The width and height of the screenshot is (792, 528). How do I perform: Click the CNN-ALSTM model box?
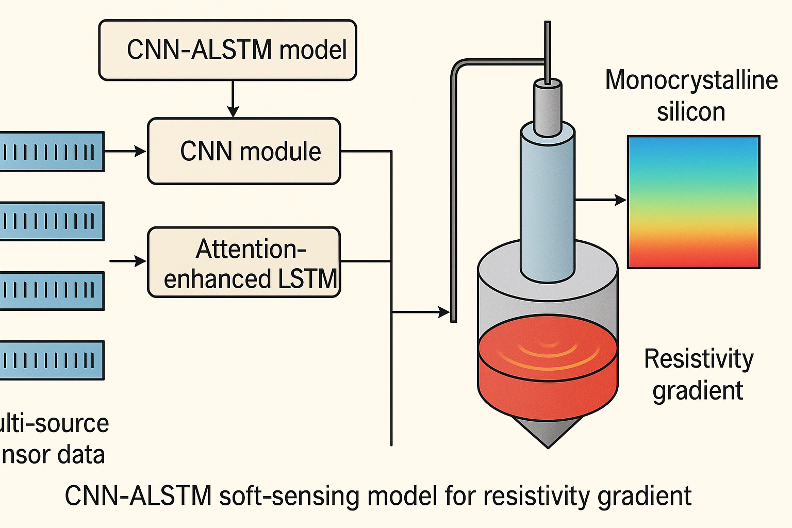pyautogui.click(x=227, y=50)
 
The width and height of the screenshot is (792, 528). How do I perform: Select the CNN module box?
pyautogui.click(x=244, y=151)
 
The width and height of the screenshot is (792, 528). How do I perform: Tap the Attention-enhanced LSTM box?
pyautogui.click(x=244, y=262)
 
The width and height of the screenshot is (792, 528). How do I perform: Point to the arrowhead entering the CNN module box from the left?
pyautogui.click(x=140, y=151)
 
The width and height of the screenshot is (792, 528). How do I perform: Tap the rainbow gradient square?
pyautogui.click(x=694, y=202)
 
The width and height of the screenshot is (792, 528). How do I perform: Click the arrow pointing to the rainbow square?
pyautogui.click(x=601, y=200)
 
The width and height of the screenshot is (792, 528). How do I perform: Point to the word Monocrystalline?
pyautogui.click(x=691, y=80)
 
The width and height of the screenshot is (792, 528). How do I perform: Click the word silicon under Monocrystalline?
pyautogui.click(x=691, y=112)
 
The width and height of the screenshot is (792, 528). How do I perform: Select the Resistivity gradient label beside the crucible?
pyautogui.click(x=699, y=374)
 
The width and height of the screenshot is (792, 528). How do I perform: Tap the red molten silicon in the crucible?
pyautogui.click(x=548, y=371)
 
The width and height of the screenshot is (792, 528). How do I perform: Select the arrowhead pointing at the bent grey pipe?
pyautogui.click(x=444, y=312)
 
